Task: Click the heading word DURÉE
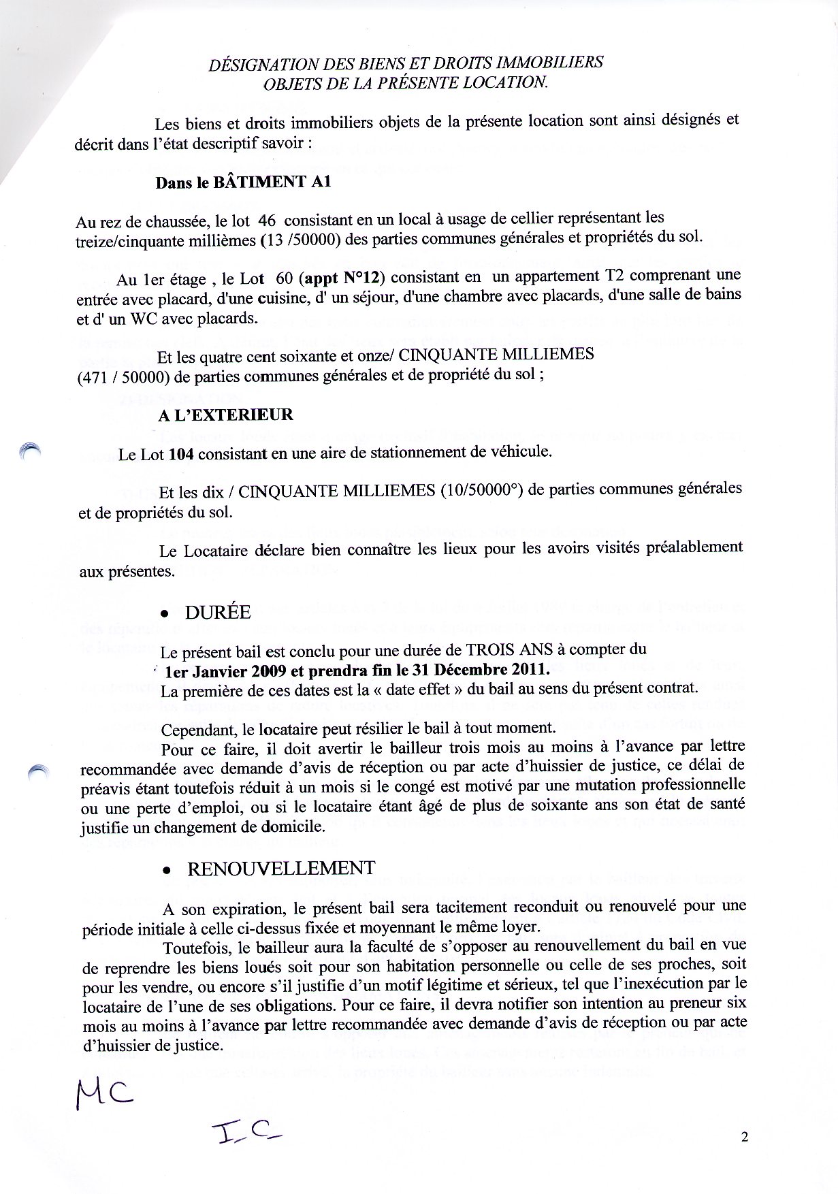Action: click(218, 613)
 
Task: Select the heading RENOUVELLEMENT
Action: click(280, 869)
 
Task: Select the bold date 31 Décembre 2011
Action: click(479, 670)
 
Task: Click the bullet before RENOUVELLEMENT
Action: click(165, 871)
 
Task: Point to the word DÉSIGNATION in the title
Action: click(256, 63)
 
